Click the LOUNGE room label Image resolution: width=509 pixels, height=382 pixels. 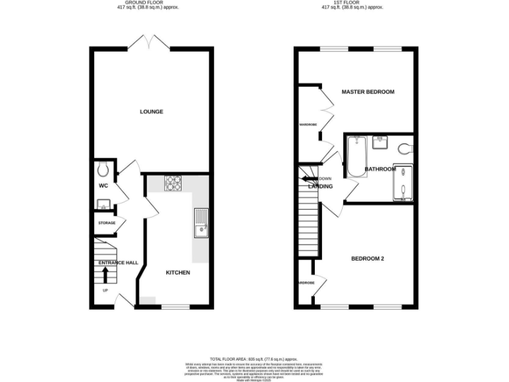tap(151, 111)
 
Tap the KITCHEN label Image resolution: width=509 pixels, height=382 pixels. tap(178, 273)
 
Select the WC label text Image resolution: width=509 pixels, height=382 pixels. tap(103, 186)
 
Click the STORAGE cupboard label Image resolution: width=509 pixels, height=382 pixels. tap(107, 223)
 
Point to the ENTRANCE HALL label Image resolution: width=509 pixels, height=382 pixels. tap(118, 263)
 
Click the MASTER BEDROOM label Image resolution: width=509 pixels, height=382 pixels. tap(368, 92)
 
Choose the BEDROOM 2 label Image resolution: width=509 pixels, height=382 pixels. tap(368, 259)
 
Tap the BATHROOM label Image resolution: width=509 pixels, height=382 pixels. tap(380, 169)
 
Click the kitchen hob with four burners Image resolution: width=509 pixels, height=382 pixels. tap(173, 182)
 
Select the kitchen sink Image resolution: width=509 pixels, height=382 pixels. tap(200, 223)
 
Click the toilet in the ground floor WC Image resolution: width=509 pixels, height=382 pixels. tap(101, 167)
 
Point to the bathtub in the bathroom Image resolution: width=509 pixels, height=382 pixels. tap(357, 156)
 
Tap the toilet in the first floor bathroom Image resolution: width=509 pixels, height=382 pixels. tap(406, 146)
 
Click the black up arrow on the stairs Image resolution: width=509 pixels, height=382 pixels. tap(104, 274)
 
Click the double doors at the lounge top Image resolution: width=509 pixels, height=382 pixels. tap(151, 44)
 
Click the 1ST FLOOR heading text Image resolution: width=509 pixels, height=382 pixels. tap(353, 3)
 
